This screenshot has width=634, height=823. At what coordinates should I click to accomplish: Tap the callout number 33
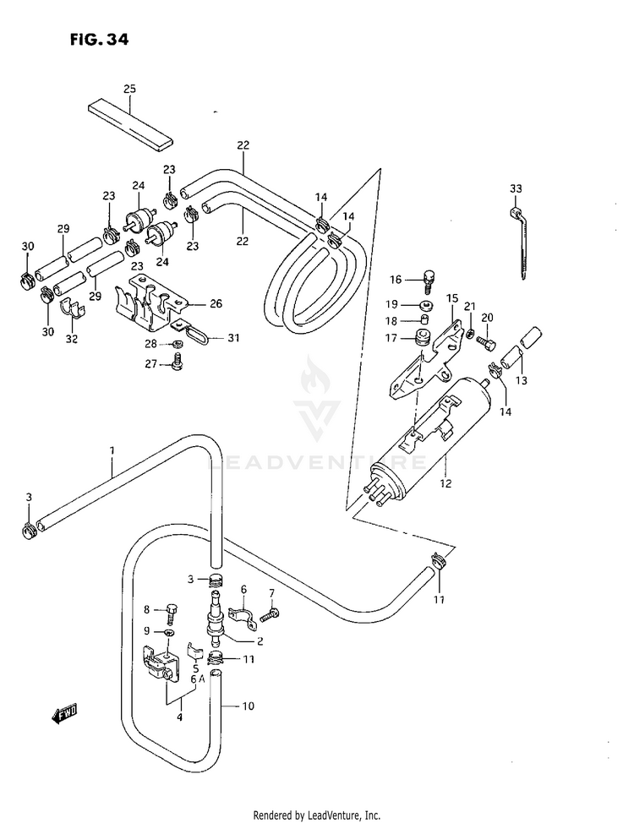tap(516, 188)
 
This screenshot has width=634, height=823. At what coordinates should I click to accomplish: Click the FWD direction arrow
tap(64, 716)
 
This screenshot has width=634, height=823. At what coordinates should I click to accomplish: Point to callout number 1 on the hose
tap(111, 451)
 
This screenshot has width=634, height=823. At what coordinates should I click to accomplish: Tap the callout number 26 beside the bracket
tap(216, 304)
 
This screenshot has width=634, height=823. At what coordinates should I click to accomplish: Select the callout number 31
tap(233, 338)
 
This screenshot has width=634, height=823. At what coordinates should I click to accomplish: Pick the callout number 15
tap(452, 298)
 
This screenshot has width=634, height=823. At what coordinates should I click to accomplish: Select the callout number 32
tap(71, 339)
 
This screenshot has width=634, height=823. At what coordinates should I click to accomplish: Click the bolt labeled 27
tap(177, 364)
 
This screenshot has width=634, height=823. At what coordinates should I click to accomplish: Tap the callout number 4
tap(178, 718)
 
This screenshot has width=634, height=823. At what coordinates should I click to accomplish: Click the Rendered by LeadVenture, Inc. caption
tap(317, 815)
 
